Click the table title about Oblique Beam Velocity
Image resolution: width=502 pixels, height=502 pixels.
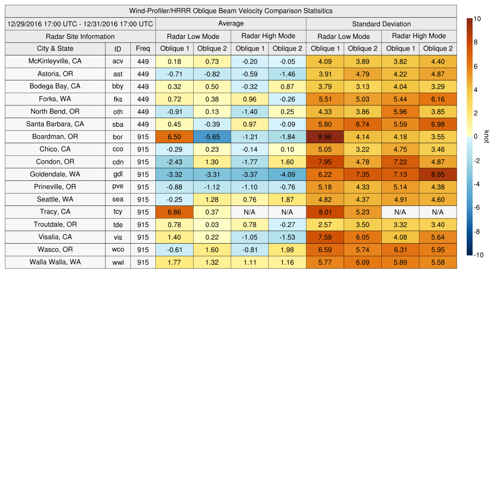pyautogui.click(x=230, y=11)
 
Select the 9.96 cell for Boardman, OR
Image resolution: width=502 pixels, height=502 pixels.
pyautogui.click(x=325, y=137)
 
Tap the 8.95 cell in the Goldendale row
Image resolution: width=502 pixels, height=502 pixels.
pyautogui.click(x=438, y=175)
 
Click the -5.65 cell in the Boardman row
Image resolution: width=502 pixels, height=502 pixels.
pyautogui.click(x=212, y=137)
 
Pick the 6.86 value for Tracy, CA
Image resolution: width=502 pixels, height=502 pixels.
pyautogui.click(x=174, y=212)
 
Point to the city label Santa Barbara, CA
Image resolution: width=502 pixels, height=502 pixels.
pyautogui.click(x=55, y=124)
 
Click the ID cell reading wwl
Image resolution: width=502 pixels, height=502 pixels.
pyautogui.click(x=118, y=262)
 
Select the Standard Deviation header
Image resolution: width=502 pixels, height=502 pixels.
pyautogui.click(x=381, y=24)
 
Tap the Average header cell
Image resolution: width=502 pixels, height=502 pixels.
pyautogui.click(x=230, y=24)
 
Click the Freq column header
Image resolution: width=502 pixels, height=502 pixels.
pyautogui.click(x=143, y=49)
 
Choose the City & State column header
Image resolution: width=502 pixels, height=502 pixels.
pyautogui.click(x=55, y=49)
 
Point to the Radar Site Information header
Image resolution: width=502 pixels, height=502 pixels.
pyautogui.click(x=80, y=36)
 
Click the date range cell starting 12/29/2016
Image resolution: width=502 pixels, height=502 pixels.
pyautogui.click(x=80, y=24)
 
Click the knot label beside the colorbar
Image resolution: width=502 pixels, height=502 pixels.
pyautogui.click(x=486, y=137)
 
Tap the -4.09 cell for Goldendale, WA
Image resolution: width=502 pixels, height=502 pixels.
pyautogui.click(x=287, y=175)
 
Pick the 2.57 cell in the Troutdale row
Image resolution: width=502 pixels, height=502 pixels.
pyautogui.click(x=325, y=225)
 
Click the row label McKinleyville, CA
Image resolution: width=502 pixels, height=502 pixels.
pyautogui.click(x=55, y=61)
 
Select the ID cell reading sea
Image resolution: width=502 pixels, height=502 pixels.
pyautogui.click(x=118, y=200)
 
